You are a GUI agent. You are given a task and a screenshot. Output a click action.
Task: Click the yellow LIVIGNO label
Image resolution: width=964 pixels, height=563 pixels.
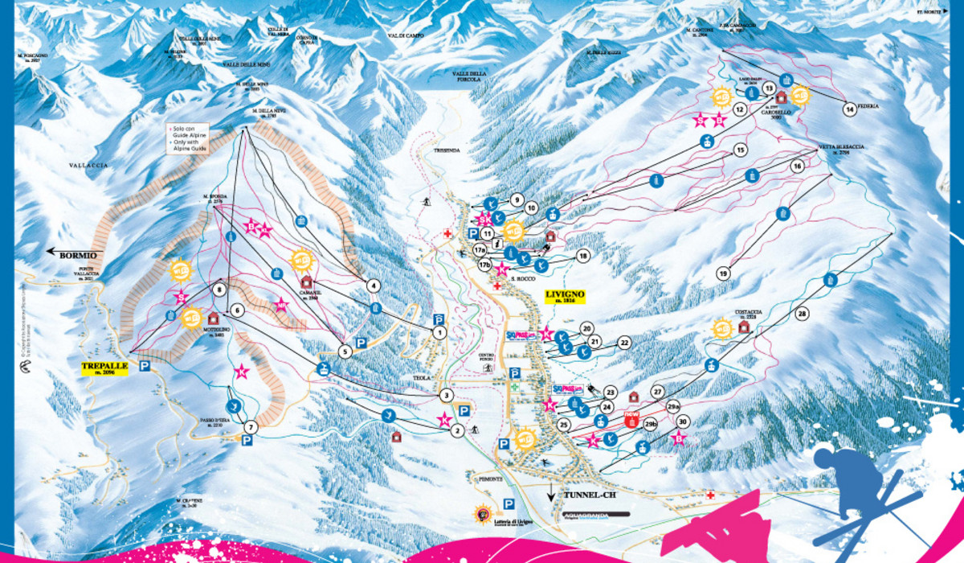click(566, 295)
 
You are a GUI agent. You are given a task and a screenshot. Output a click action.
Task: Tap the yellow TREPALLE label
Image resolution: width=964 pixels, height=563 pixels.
click(105, 368)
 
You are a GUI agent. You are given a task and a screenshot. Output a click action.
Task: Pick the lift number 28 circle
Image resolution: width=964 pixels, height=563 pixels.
click(801, 314)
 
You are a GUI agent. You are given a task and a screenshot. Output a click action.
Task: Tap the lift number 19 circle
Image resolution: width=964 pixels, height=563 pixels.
click(723, 273)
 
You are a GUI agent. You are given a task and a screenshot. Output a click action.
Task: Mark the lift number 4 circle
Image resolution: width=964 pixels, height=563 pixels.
click(373, 285)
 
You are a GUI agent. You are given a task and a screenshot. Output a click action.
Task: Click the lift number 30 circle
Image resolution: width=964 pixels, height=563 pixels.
click(683, 421)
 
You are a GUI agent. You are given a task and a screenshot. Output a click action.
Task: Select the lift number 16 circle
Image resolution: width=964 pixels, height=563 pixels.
click(798, 166)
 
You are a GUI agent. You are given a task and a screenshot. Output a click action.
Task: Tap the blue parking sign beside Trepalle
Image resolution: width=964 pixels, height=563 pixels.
click(145, 367)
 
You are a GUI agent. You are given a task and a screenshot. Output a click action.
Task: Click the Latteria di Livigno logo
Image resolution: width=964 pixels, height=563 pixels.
click(483, 516)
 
